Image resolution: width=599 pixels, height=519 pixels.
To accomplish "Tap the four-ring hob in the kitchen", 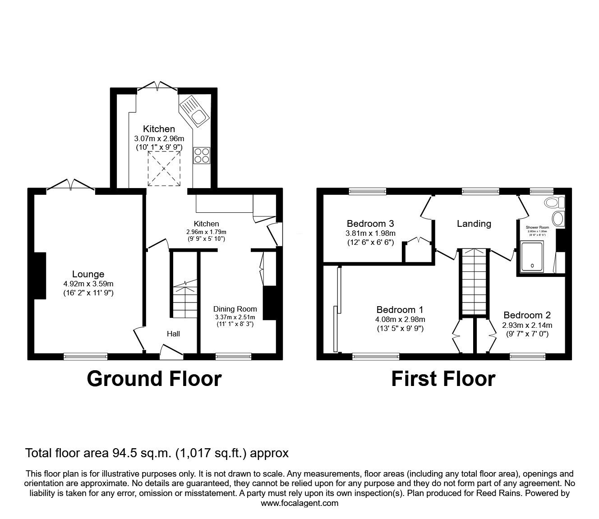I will [x=201, y=155].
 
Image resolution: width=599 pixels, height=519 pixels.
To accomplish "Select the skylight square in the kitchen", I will [x=164, y=169].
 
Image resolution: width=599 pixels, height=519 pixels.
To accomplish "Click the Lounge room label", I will [x=88, y=274].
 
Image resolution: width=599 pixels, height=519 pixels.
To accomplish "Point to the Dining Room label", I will [x=235, y=309].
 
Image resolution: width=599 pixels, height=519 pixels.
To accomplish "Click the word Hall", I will [x=173, y=334].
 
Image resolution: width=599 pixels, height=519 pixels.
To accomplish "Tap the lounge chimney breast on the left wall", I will [x=39, y=276].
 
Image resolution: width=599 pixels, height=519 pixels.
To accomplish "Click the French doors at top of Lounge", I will [x=70, y=185].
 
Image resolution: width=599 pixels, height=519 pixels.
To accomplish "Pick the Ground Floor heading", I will [x=154, y=379].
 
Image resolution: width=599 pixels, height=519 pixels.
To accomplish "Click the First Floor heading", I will [x=443, y=379].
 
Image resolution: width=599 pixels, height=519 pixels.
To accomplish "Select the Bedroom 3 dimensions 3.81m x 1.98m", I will [x=370, y=233].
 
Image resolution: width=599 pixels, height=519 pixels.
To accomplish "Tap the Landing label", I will [x=474, y=223].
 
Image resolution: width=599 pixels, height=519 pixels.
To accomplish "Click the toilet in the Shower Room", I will [x=552, y=202].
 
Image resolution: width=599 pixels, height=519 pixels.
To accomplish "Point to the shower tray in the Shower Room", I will [x=532, y=257].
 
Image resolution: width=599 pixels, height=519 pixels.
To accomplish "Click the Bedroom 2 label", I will [x=527, y=315].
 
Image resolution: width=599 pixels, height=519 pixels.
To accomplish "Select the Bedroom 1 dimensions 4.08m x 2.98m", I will [x=400, y=319].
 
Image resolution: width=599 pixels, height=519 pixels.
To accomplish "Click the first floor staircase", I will [x=474, y=282].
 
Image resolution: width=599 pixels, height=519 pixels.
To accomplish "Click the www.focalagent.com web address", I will [x=299, y=503].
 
